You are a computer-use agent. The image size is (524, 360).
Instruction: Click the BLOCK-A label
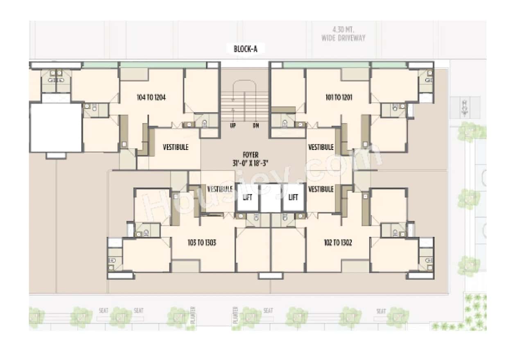246,49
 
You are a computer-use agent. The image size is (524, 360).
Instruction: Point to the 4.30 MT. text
343,30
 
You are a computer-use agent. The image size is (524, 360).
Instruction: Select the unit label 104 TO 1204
151,97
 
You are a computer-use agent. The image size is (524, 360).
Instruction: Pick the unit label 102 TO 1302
338,243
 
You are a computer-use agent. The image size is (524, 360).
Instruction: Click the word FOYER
250,155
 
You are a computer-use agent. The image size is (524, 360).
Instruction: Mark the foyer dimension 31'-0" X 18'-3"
250,162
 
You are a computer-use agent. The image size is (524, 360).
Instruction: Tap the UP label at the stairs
233,126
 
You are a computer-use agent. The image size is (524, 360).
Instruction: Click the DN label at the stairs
256,126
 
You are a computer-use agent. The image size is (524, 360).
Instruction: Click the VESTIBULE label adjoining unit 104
176,147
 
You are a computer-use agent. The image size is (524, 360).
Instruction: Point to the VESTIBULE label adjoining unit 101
321,147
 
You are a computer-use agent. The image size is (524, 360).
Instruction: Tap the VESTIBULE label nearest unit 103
220,189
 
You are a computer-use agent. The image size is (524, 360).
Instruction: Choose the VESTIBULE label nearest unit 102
321,189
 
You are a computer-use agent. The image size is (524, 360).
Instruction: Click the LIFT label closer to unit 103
247,198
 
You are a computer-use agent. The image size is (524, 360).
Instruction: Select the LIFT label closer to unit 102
293,198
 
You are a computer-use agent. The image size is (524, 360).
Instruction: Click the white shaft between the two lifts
270,198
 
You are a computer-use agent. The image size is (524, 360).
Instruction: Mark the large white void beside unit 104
56,127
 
